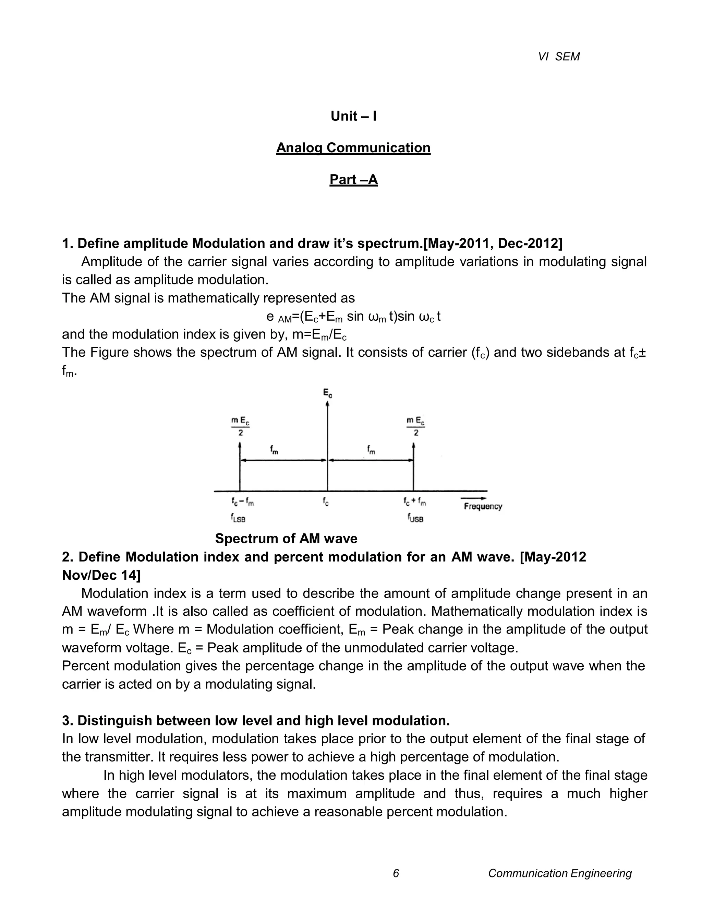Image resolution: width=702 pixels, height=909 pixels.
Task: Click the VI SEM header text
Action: (x=558, y=57)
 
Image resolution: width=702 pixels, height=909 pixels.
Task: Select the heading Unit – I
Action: (x=353, y=116)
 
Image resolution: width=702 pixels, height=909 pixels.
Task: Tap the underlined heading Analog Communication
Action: (x=353, y=148)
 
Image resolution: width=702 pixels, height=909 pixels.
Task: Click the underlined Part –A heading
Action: (x=353, y=179)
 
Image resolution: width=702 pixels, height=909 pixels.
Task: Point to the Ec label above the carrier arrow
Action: (x=328, y=392)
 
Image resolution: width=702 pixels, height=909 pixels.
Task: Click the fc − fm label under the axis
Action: (x=243, y=503)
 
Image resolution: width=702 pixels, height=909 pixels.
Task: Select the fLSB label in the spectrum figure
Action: (x=240, y=518)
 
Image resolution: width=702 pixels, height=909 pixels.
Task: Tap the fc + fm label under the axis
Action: (x=415, y=503)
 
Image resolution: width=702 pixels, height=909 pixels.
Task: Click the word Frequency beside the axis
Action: (x=483, y=507)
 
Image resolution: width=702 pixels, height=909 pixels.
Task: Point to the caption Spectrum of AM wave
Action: (x=286, y=539)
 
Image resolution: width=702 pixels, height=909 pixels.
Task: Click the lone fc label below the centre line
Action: (x=326, y=503)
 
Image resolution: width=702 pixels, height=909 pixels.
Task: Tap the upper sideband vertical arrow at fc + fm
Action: (x=413, y=468)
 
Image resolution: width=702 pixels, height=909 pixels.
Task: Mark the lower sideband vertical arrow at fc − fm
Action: (x=240, y=468)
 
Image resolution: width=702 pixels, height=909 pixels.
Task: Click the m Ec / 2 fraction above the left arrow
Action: (x=240, y=427)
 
